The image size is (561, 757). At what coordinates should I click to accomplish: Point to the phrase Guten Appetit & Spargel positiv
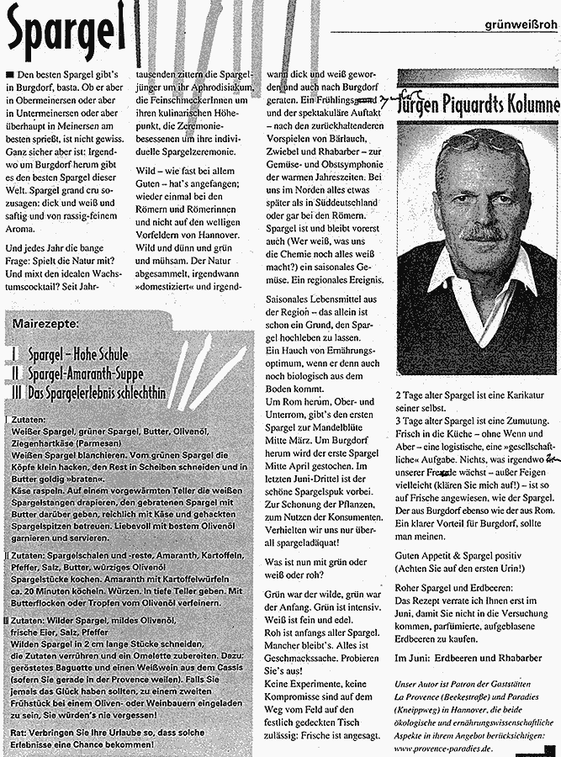coord(465,556)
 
